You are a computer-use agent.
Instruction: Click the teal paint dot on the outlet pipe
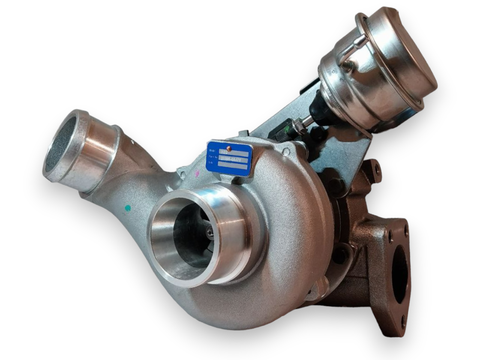[x=128, y=207]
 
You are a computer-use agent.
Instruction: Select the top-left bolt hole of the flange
[x=391, y=236]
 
